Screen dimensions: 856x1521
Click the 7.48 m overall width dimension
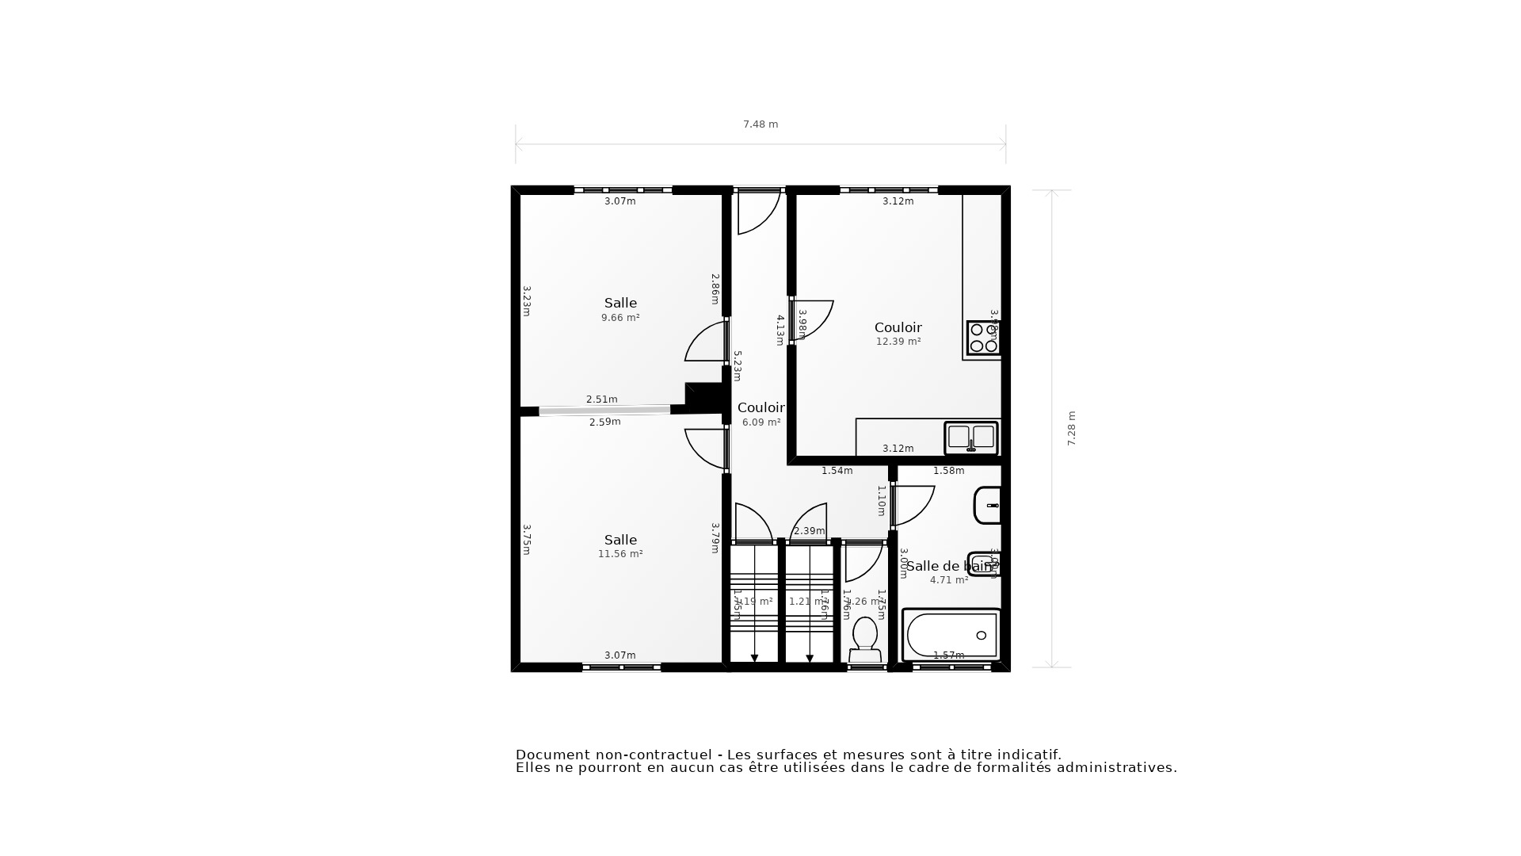(x=760, y=124)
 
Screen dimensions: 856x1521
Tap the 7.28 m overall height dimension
(x=1071, y=429)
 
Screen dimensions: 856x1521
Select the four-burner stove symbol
(x=983, y=338)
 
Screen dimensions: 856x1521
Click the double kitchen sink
(x=970, y=438)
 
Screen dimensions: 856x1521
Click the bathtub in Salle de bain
(x=951, y=635)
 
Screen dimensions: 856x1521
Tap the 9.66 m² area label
(x=620, y=318)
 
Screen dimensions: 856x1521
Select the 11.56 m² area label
(x=620, y=554)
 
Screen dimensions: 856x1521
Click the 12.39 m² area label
(x=898, y=342)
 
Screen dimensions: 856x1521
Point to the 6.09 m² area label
(x=761, y=422)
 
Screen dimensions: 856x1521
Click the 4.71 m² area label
(x=948, y=580)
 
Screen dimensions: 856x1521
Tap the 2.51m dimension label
(x=601, y=399)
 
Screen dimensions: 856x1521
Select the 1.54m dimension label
(x=837, y=471)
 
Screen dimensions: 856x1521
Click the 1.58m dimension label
(x=948, y=471)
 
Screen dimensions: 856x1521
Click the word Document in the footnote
(x=551, y=755)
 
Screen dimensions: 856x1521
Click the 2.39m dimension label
(x=809, y=531)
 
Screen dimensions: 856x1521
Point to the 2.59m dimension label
(x=604, y=422)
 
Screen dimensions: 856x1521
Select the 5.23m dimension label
(x=737, y=366)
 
